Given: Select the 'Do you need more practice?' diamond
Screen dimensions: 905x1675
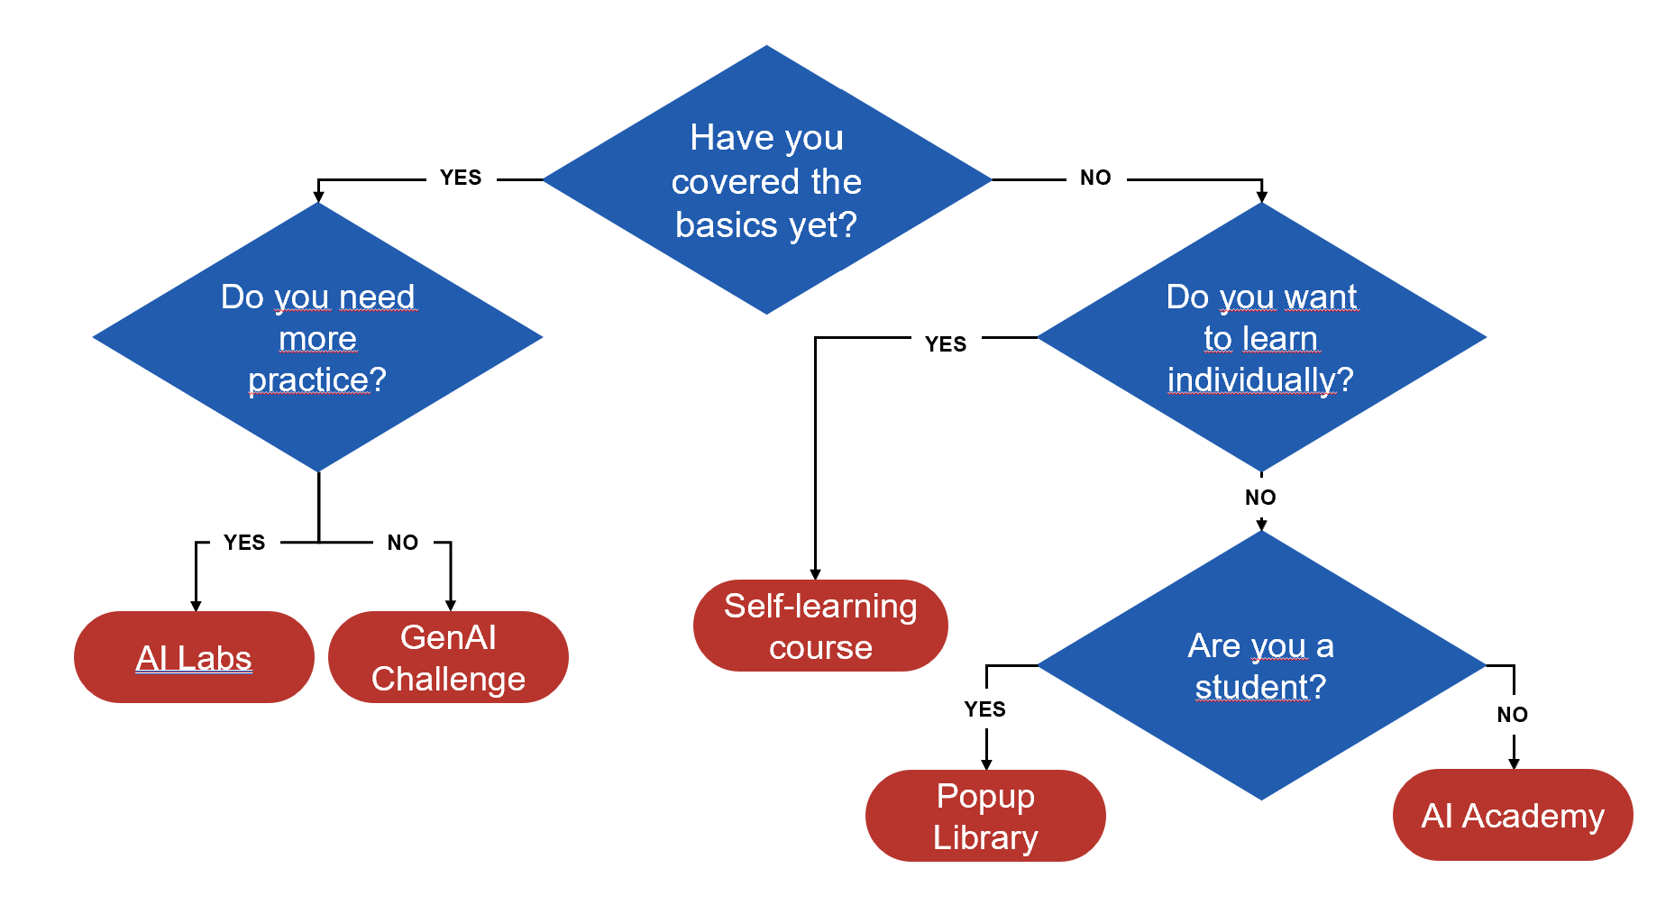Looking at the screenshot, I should (x=317, y=338).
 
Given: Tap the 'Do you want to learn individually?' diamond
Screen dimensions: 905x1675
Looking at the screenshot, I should (x=1261, y=338).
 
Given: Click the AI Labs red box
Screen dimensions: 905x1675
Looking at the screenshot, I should (x=194, y=657).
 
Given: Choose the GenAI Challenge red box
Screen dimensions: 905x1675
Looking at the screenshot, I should (x=448, y=657).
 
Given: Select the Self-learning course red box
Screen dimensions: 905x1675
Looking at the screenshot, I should (x=820, y=626).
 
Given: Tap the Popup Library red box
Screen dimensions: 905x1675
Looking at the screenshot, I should (x=985, y=816).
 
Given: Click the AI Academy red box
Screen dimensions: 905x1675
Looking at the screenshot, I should (x=1513, y=815).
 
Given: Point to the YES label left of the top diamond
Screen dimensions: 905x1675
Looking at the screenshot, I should (x=461, y=178).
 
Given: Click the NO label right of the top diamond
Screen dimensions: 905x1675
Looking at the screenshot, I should (x=1095, y=178).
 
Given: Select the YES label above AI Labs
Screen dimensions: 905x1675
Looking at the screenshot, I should (x=244, y=543).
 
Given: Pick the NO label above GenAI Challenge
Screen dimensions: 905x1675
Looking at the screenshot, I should (x=403, y=543).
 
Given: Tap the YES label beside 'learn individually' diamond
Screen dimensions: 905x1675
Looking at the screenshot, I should (x=946, y=344).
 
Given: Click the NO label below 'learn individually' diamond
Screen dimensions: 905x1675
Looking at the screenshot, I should (x=1260, y=498).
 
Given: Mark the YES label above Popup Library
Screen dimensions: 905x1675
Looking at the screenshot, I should (x=984, y=709).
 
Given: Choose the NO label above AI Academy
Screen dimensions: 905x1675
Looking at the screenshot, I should (x=1513, y=715).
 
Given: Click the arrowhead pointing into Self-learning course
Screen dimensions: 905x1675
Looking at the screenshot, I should (x=815, y=574).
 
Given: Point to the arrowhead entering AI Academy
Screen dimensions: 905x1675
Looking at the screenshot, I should (x=1514, y=763).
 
